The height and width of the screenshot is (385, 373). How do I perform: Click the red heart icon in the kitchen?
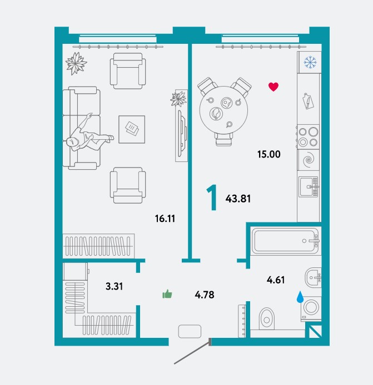click(273, 87)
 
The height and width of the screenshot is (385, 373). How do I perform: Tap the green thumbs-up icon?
click(167, 294)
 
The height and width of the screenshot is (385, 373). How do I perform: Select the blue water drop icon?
click(300, 297)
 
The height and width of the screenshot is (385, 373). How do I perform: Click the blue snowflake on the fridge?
click(310, 62)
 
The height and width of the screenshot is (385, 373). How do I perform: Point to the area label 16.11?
click(165, 218)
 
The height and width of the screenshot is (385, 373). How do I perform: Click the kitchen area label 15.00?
click(268, 154)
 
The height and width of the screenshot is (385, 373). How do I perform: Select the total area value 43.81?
click(238, 199)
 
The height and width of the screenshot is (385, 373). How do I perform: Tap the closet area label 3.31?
click(114, 286)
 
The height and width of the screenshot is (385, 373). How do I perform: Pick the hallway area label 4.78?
click(205, 295)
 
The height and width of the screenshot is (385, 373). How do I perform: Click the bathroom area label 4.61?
click(276, 280)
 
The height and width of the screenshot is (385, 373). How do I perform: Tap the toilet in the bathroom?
click(266, 318)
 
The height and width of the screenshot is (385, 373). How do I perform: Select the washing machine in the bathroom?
click(311, 308)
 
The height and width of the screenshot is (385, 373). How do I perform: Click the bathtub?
click(285, 241)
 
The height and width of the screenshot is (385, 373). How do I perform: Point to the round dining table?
click(223, 110)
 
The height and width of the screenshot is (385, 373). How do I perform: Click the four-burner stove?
click(309, 136)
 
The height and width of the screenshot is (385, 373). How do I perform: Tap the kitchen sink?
click(309, 187)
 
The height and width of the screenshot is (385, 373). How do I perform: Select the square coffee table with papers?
click(132, 129)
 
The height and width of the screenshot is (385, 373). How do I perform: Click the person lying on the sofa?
click(89, 134)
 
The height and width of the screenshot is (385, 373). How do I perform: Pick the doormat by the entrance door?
click(190, 331)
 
